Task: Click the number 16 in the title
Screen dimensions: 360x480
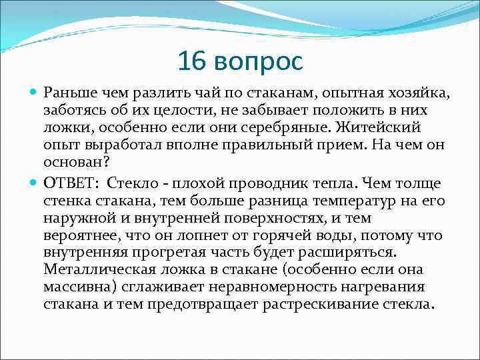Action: (x=193, y=62)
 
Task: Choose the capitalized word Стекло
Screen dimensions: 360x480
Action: (x=139, y=183)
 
